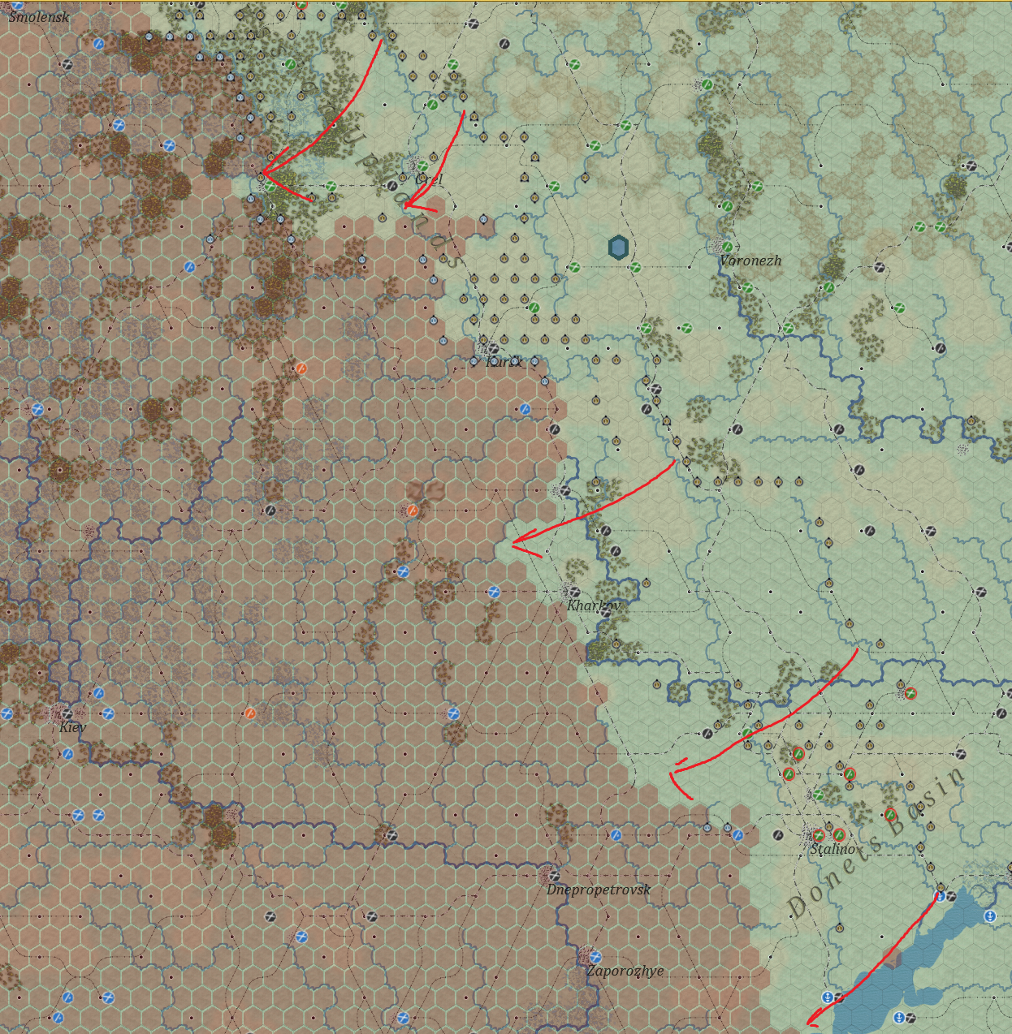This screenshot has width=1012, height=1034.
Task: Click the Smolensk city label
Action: pyautogui.click(x=38, y=16)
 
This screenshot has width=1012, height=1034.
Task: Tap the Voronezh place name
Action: pyautogui.click(x=750, y=261)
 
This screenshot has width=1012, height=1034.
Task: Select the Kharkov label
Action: pyautogui.click(x=593, y=605)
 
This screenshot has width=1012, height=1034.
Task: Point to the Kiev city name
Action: pyautogui.click(x=72, y=727)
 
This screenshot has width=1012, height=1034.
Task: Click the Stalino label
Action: pyautogui.click(x=833, y=849)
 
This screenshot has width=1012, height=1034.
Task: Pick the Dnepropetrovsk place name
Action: pyautogui.click(x=599, y=890)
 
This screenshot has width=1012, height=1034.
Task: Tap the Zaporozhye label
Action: pyautogui.click(x=625, y=971)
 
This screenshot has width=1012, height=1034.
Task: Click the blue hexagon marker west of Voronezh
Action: pyautogui.click(x=618, y=248)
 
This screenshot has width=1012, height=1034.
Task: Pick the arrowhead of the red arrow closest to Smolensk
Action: pyautogui.click(x=263, y=173)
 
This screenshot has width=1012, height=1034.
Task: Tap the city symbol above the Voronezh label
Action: pyautogui.click(x=718, y=244)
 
